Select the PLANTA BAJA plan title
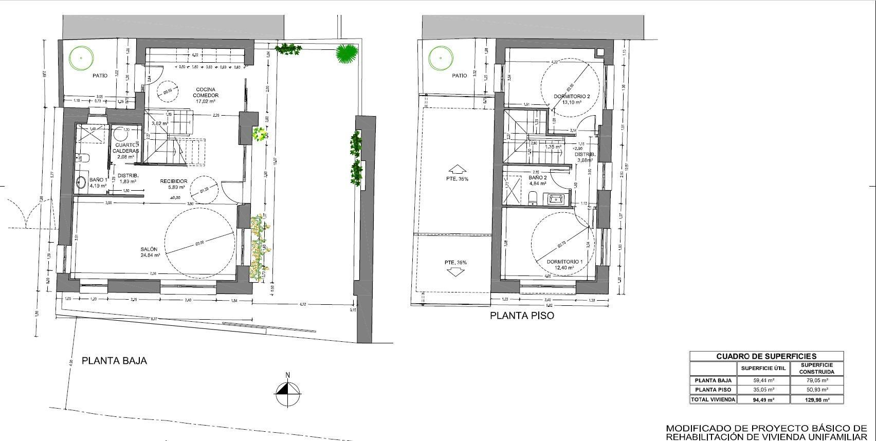[x=114, y=361]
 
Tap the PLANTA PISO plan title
[x=522, y=316]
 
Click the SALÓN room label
[x=150, y=249]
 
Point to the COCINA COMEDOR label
[x=206, y=93]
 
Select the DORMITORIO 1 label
[x=564, y=262]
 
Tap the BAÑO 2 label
[x=538, y=178]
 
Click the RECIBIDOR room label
[x=173, y=181]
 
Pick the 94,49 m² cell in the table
[x=763, y=399]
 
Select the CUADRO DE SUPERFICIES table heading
[x=766, y=356]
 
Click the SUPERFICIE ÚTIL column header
[x=763, y=368]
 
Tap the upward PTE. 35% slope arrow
[x=455, y=169]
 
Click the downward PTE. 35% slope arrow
[x=455, y=272]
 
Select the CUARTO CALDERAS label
[x=126, y=148]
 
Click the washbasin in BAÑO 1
[x=81, y=181]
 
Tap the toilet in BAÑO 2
[x=533, y=197]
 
